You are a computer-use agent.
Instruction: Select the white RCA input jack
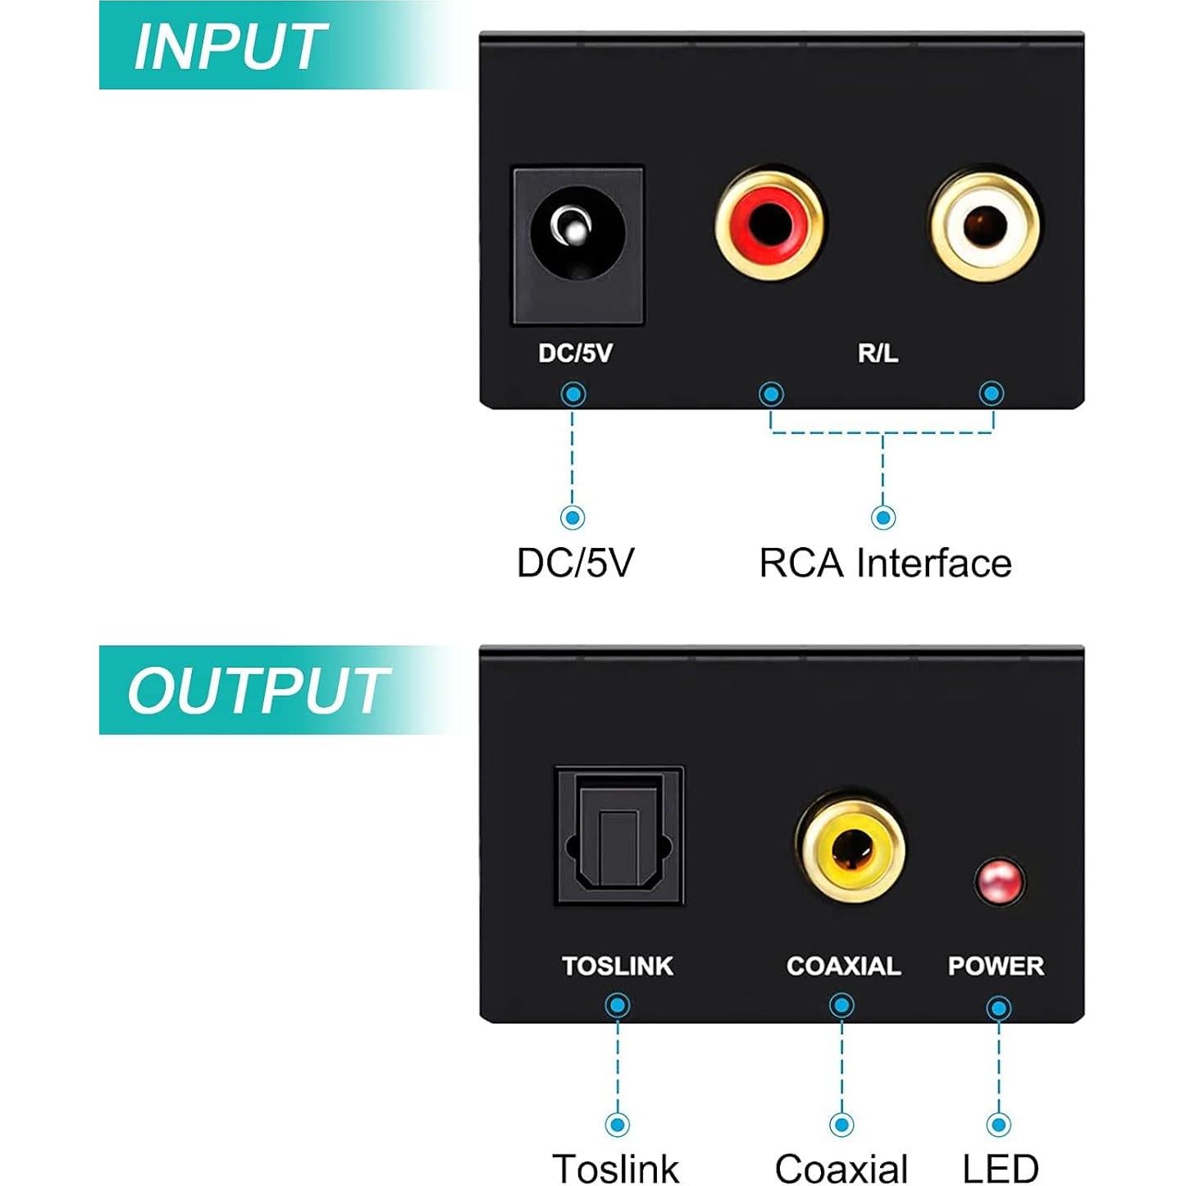(984, 225)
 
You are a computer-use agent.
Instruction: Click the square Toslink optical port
(619, 836)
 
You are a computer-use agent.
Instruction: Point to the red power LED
(999, 882)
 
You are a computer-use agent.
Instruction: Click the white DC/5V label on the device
(575, 353)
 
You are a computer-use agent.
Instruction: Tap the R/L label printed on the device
(878, 353)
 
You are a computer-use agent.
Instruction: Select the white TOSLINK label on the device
(618, 965)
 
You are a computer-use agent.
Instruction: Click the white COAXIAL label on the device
(843, 965)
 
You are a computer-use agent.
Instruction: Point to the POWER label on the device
(996, 965)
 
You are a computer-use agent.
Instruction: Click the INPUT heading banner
(230, 46)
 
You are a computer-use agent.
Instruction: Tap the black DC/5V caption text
(575, 563)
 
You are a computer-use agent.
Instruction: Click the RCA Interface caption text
(885, 563)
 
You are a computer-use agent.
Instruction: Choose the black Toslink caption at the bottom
(616, 1167)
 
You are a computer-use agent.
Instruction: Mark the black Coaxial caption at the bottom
(842, 1167)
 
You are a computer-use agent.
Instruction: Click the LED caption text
(1000, 1167)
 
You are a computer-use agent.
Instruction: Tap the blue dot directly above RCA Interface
(883, 517)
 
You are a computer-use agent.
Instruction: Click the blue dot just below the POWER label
(998, 1008)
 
